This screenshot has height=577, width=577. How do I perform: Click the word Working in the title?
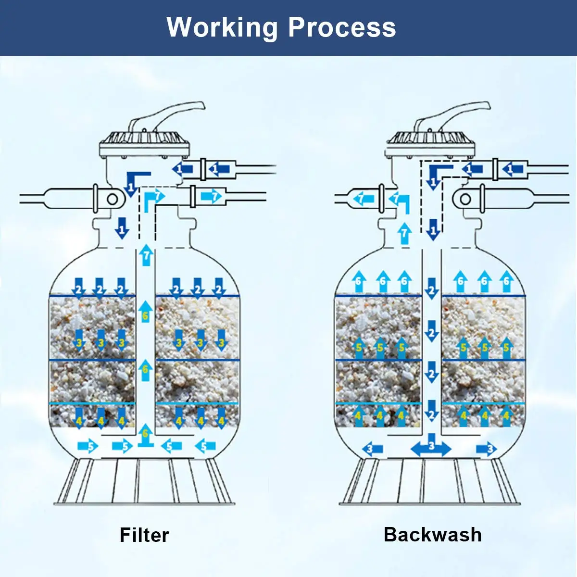(x=222, y=27)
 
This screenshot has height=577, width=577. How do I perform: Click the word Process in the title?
(x=342, y=27)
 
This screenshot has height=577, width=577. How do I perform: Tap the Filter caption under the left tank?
(x=144, y=535)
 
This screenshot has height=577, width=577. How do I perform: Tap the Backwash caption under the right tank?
(x=433, y=534)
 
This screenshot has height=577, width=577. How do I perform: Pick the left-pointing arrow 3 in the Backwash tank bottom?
(x=372, y=449)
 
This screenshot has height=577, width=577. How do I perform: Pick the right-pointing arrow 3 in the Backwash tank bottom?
(x=487, y=449)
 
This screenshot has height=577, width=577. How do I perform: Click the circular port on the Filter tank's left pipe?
(x=113, y=199)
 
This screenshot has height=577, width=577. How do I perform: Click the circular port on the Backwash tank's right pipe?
(x=465, y=199)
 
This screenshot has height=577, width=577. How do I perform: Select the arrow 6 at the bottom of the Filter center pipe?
(x=145, y=436)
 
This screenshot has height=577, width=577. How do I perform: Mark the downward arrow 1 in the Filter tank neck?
(x=122, y=227)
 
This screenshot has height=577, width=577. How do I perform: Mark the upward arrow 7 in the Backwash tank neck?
(x=405, y=233)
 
